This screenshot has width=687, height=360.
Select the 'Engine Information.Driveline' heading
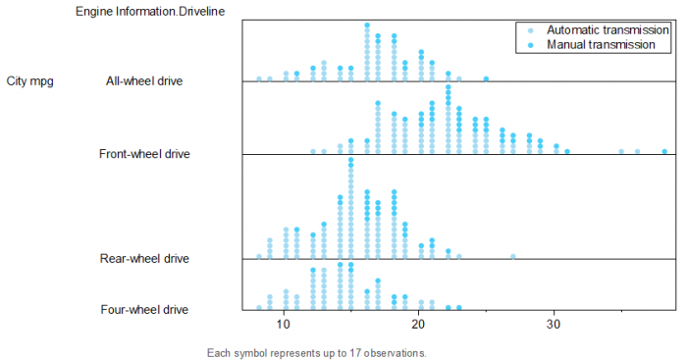(149, 11)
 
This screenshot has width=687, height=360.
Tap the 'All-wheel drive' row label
(146, 81)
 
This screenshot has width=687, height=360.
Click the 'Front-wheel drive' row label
(144, 154)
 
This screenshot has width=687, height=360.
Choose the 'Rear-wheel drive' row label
(144, 259)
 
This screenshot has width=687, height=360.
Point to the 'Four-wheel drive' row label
(144, 310)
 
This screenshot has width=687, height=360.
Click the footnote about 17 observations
(317, 352)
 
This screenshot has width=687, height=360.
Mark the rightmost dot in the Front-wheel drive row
(664, 151)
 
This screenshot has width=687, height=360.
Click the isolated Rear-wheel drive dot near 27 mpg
(513, 256)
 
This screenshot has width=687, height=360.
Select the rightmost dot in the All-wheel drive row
(486, 78)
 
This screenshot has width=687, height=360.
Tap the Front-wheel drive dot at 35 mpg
(621, 151)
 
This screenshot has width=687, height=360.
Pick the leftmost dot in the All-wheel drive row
(259, 78)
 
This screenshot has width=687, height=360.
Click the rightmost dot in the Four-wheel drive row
(459, 307)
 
